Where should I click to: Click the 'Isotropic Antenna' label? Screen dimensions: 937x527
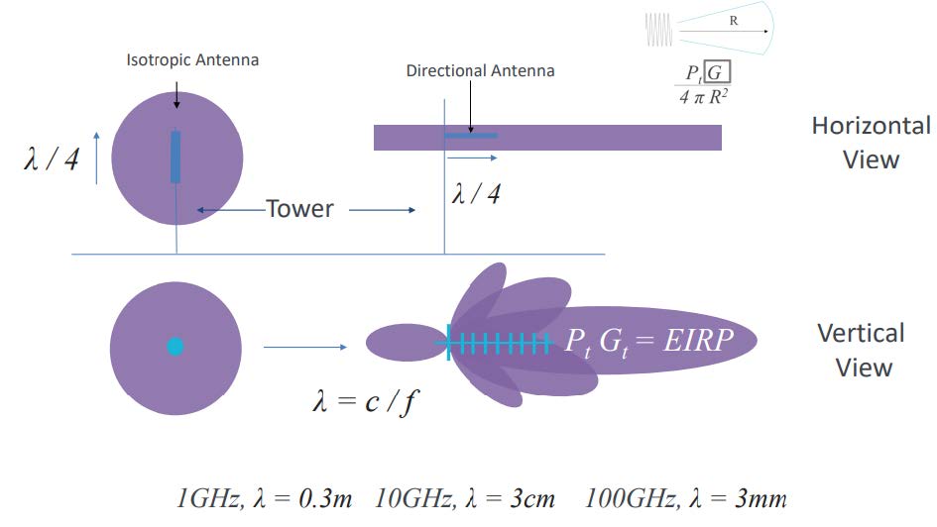click(192, 60)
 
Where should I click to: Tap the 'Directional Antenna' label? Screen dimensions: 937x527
click(481, 71)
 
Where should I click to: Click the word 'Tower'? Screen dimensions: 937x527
click(299, 209)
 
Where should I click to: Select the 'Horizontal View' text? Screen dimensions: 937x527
click(871, 143)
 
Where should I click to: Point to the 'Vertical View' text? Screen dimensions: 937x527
click(862, 351)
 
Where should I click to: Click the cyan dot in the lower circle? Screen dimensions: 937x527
click(176, 347)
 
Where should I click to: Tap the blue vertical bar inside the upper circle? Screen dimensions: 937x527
click(176, 157)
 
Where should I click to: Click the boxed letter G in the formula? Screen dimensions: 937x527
click(717, 72)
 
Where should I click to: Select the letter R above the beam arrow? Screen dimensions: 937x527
click(733, 21)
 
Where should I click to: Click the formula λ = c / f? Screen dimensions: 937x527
click(366, 401)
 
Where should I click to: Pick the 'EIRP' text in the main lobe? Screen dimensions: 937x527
click(698, 340)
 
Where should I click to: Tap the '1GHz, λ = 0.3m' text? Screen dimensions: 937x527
click(264, 498)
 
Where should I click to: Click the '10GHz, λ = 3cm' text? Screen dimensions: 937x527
click(464, 498)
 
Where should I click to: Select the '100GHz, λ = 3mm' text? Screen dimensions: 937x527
click(685, 498)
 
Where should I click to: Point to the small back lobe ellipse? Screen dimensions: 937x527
click(407, 343)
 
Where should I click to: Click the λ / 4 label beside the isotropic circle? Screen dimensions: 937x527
click(52, 159)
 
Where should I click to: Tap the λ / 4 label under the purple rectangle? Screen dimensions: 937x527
click(476, 193)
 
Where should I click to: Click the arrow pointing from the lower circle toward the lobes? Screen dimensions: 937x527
click(304, 347)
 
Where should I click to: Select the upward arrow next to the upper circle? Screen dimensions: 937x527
click(97, 158)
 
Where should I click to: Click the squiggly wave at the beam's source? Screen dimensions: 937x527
click(658, 30)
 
